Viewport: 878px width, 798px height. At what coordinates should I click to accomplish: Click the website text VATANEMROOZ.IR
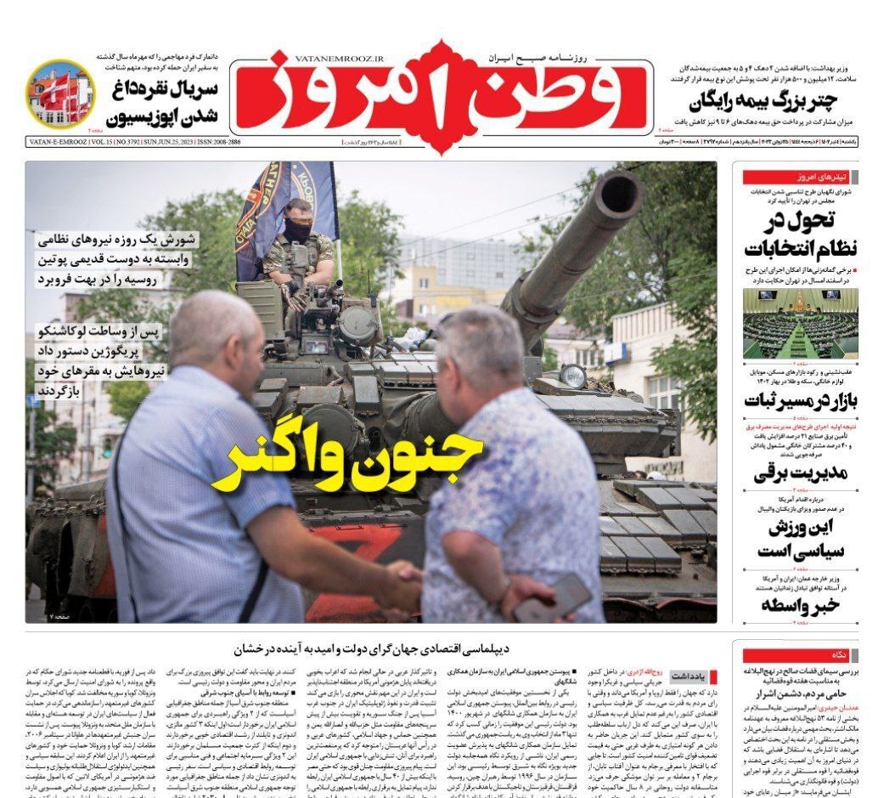[340, 59]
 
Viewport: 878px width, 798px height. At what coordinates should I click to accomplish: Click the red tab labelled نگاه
[837, 655]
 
